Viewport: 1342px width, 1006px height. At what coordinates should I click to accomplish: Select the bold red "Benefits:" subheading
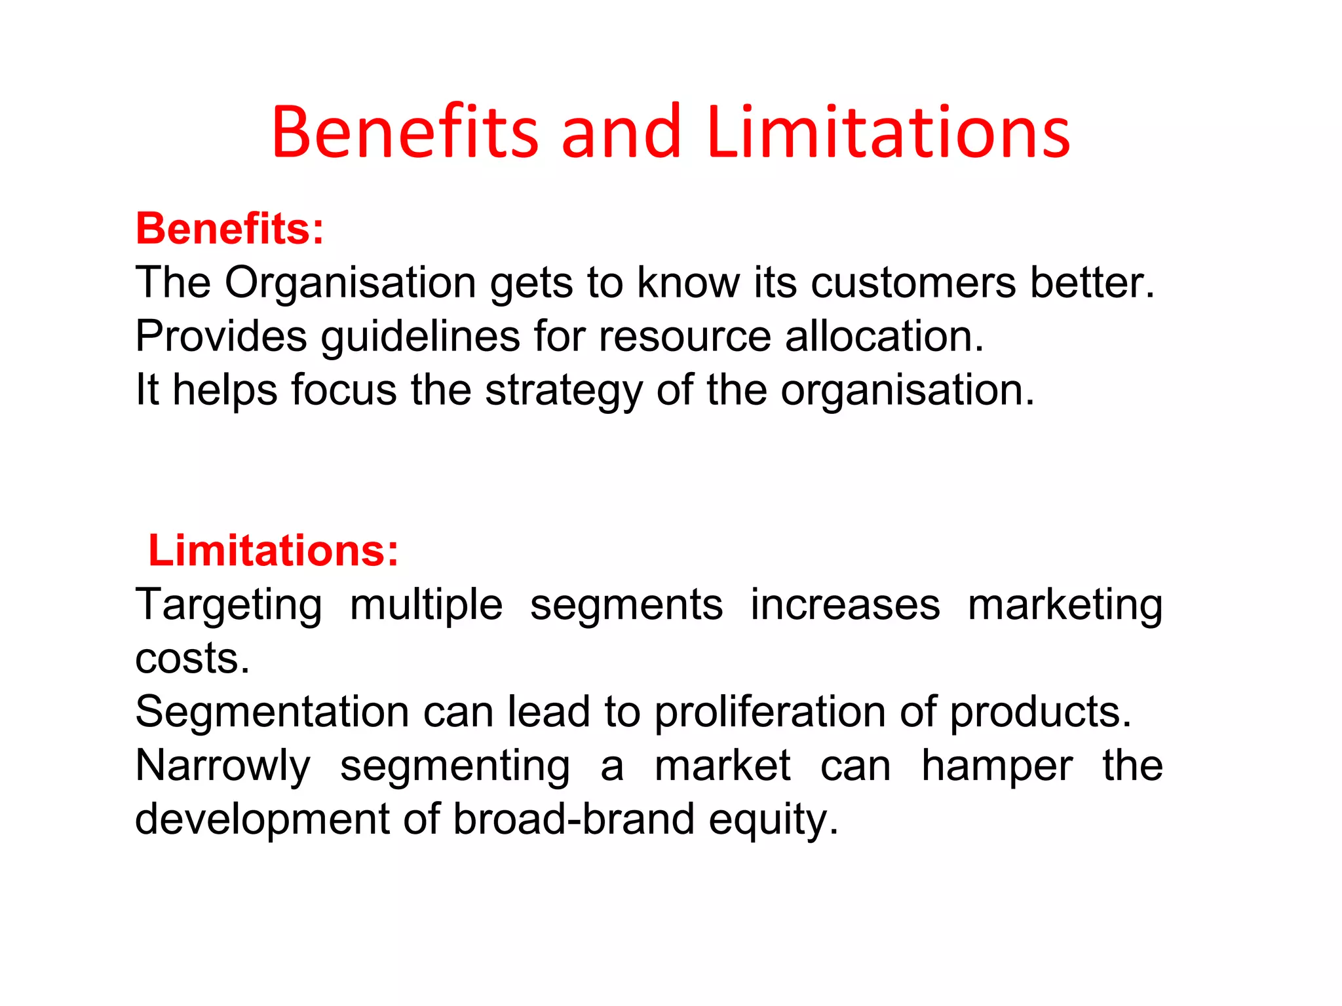click(230, 229)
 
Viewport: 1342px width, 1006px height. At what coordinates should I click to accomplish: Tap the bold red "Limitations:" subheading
click(273, 550)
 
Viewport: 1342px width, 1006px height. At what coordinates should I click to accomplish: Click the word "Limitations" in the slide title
click(889, 133)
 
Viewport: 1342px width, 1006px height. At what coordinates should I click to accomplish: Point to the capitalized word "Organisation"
click(351, 283)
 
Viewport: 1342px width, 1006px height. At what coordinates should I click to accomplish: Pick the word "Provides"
click(221, 337)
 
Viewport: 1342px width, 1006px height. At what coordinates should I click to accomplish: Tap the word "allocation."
click(885, 337)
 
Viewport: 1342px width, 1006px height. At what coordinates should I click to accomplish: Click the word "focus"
click(343, 390)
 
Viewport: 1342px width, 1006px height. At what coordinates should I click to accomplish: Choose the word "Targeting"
click(229, 606)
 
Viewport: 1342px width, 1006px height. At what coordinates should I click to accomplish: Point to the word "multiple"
click(426, 606)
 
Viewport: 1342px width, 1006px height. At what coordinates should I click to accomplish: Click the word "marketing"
click(1065, 606)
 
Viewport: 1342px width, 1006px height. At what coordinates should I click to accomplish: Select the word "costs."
click(193, 659)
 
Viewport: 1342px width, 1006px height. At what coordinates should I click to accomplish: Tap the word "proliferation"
click(770, 713)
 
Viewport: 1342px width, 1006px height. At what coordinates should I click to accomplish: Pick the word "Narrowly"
click(223, 766)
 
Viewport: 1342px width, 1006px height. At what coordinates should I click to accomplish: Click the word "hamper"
click(997, 766)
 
